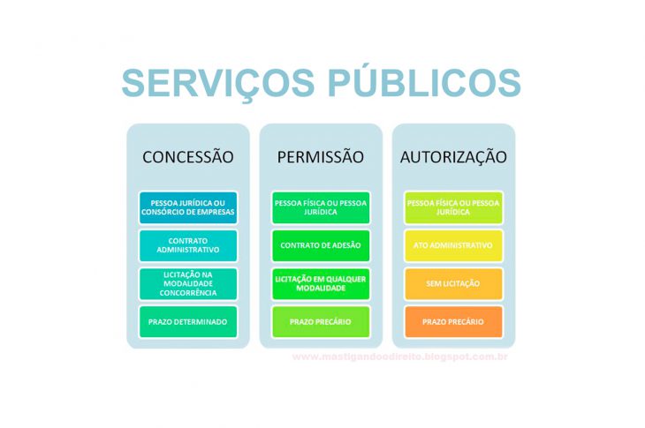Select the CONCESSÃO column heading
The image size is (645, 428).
[x=188, y=157]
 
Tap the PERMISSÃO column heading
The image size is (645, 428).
[x=320, y=157]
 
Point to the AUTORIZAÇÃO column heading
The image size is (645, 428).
[x=453, y=157]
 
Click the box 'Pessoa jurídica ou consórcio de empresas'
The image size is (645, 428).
[x=188, y=207]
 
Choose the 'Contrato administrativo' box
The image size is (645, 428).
[x=188, y=244]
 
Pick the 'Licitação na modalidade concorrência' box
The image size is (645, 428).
[x=188, y=282]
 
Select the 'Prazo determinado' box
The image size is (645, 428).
[x=188, y=322]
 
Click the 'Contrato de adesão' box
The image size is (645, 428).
[x=320, y=244]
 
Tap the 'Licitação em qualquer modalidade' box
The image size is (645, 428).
[x=320, y=282]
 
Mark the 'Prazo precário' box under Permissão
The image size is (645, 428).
[x=320, y=322]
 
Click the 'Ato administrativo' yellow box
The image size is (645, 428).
[x=453, y=244]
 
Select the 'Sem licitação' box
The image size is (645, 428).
[x=453, y=283]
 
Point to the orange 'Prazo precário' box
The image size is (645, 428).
[x=453, y=322]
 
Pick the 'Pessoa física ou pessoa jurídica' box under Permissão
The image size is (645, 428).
[x=320, y=207]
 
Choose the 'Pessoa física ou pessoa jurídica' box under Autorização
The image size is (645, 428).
[x=453, y=207]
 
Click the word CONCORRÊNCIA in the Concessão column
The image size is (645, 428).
[x=188, y=292]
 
